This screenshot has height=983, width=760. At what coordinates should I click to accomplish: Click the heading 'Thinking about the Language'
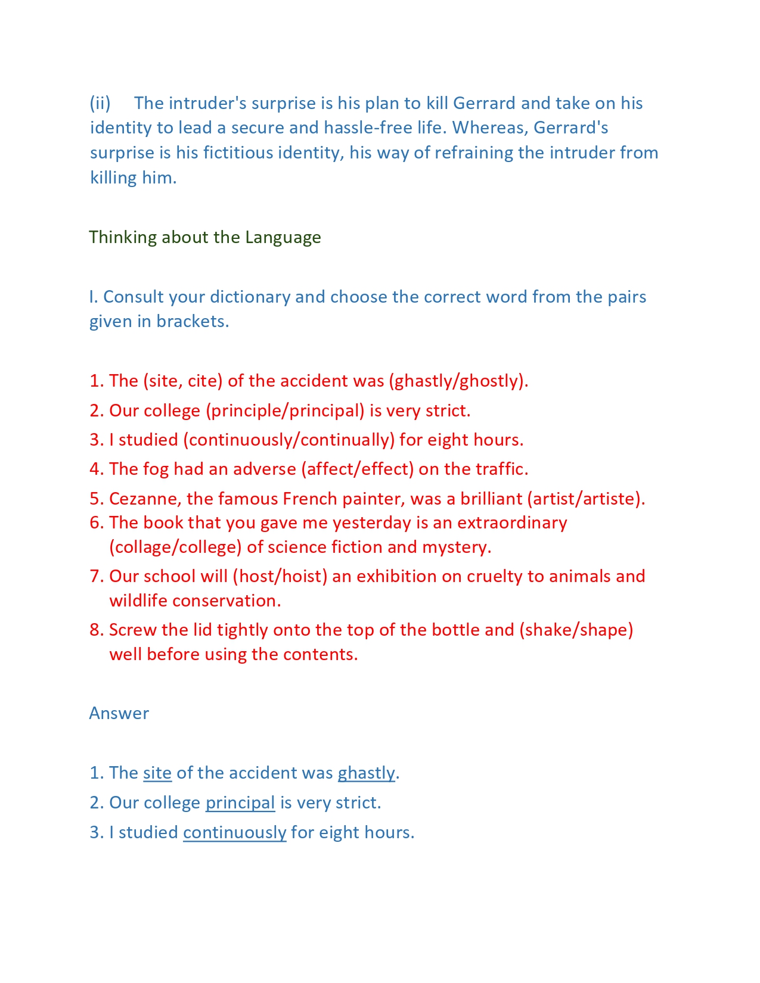tap(205, 237)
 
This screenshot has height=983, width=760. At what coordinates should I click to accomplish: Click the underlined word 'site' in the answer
tap(157, 773)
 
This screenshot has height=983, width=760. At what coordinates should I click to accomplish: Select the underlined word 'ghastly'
tap(366, 773)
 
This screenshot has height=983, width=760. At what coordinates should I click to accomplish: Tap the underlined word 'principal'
tap(240, 802)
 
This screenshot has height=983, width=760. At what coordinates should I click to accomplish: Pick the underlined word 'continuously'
tap(234, 832)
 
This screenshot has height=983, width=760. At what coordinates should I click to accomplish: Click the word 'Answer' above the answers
tap(119, 713)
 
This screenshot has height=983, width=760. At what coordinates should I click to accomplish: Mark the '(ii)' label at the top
tap(100, 103)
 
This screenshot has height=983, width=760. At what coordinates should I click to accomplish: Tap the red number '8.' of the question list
tap(97, 630)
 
